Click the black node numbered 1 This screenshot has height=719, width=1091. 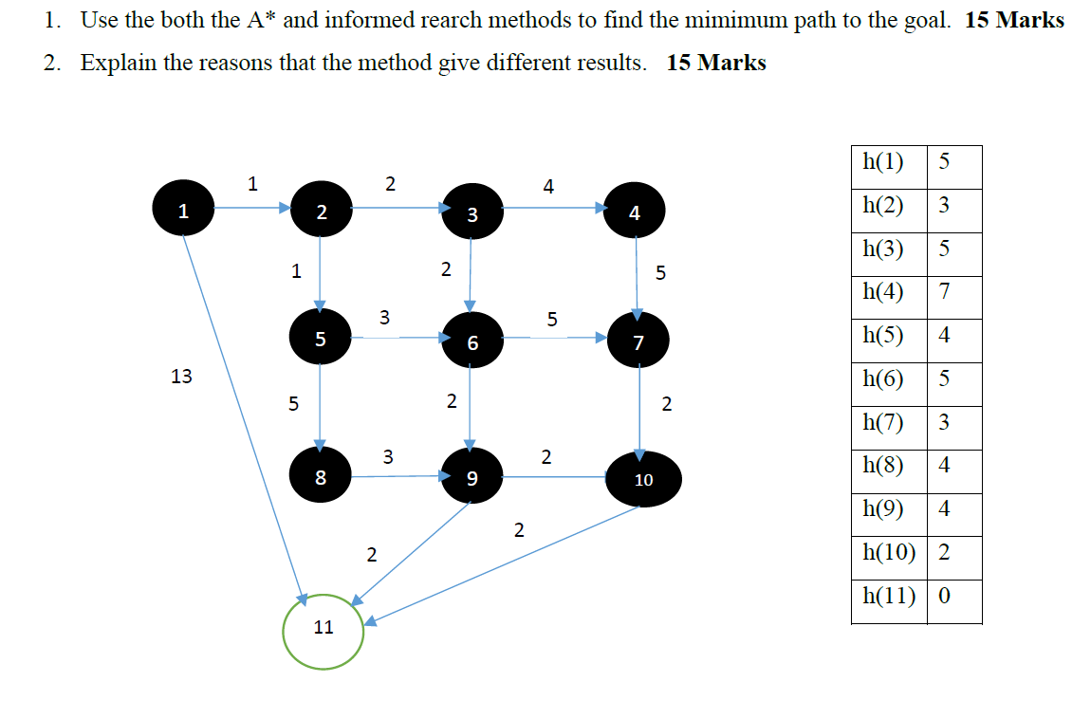pyautogui.click(x=183, y=210)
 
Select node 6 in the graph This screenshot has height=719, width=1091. pyautogui.click(x=472, y=341)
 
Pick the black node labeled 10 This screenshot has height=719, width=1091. pyautogui.click(x=642, y=478)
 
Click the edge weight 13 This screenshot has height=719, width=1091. pyautogui.click(x=181, y=377)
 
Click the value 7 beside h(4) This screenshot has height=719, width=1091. pyautogui.click(x=944, y=291)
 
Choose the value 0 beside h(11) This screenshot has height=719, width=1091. pyautogui.click(x=944, y=596)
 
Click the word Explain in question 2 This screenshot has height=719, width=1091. pyautogui.click(x=120, y=64)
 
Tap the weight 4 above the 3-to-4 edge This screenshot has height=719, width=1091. pyautogui.click(x=548, y=186)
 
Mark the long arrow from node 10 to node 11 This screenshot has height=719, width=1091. pyautogui.click(x=503, y=564)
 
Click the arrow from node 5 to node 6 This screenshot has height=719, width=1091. pyautogui.click(x=398, y=337)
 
